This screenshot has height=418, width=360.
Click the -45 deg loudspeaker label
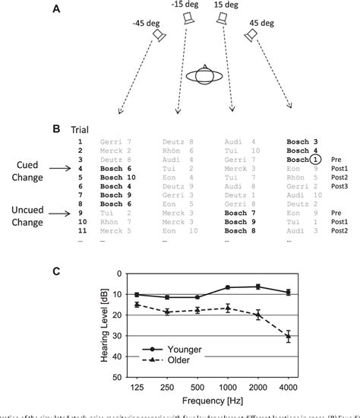coord(147,23)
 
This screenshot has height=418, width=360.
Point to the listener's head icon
coord(205,77)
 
